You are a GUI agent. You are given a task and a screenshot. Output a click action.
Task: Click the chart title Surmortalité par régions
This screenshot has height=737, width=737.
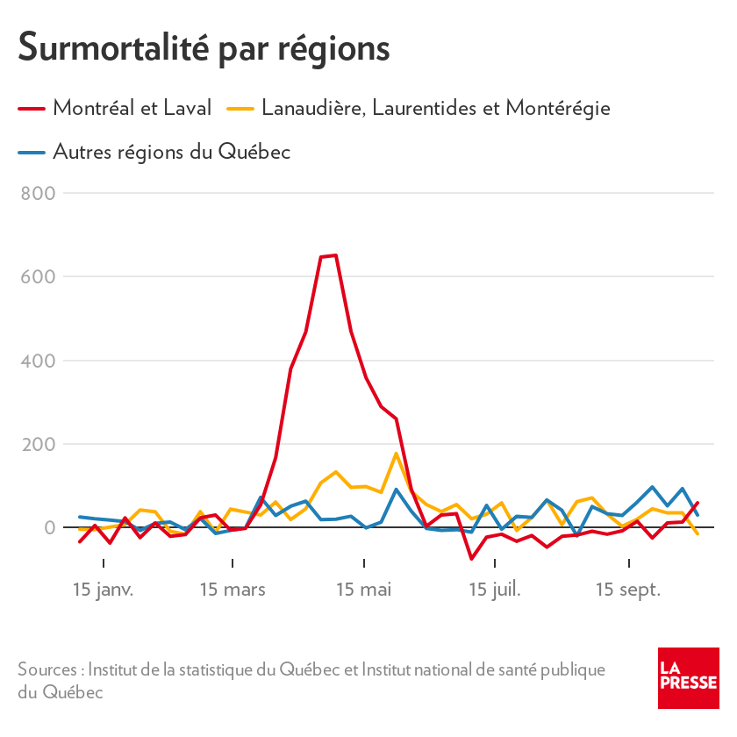tap(204, 47)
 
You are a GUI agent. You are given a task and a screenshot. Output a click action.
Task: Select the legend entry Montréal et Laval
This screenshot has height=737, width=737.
tap(132, 108)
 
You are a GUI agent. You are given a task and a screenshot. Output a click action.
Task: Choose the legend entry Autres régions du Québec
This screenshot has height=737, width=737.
tap(171, 152)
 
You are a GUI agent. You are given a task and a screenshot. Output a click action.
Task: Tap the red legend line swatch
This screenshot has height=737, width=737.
tap(32, 109)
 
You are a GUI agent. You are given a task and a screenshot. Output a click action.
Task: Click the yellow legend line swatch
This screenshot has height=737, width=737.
tap(240, 109)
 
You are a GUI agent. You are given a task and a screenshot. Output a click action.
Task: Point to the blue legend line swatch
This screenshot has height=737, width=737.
tap(32, 153)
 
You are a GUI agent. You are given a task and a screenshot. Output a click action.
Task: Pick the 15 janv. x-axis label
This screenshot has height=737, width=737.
tap(103, 590)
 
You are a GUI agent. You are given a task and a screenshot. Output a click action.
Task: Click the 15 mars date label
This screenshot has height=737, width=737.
tap(233, 590)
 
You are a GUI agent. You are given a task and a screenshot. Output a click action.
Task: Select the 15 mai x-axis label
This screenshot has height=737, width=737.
tap(363, 590)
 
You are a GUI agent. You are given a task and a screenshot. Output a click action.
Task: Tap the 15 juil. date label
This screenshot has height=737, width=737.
tap(494, 590)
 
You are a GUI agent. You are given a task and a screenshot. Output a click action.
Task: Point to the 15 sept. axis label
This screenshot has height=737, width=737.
tap(627, 590)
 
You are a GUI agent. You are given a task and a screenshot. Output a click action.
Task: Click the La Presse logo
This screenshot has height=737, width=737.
tap(689, 678)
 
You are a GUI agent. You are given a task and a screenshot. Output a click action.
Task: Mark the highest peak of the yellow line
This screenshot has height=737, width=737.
tap(396, 454)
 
